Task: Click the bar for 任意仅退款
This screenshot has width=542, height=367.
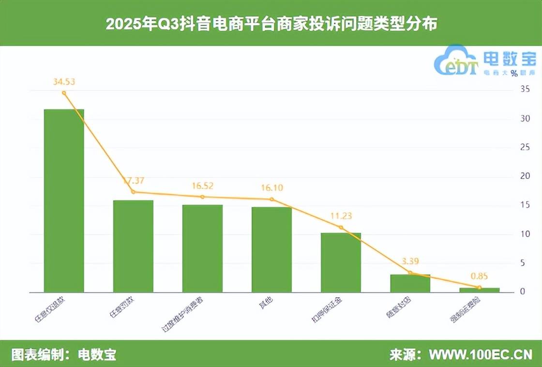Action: [x=64, y=201]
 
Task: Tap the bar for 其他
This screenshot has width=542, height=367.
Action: [x=271, y=249]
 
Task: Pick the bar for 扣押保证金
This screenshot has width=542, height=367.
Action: [x=341, y=262]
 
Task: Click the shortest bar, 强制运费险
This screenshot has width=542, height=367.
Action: [x=479, y=290]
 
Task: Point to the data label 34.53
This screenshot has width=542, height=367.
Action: [x=64, y=81]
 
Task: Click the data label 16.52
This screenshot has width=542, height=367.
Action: [x=202, y=185]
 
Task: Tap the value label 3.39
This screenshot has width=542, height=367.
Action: [x=410, y=262]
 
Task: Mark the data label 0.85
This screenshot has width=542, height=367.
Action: [x=479, y=277]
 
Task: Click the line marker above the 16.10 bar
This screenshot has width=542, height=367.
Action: [x=271, y=199]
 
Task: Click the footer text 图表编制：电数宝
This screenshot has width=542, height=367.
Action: [x=63, y=354]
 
